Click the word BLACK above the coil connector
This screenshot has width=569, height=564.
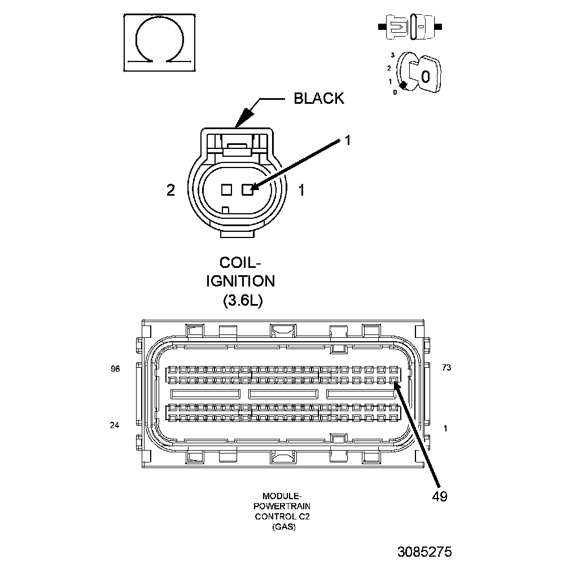point(318,98)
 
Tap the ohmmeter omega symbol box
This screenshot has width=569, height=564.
point(160,43)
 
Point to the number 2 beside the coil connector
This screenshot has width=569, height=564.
point(170,191)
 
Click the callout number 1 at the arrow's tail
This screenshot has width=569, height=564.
point(348,140)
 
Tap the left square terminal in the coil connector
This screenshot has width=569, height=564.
point(226,190)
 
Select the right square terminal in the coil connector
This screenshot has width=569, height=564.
point(247,190)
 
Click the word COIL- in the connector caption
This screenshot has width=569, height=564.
point(240,263)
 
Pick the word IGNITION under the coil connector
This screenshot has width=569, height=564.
point(240,281)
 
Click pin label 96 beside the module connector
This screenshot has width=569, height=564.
point(116,369)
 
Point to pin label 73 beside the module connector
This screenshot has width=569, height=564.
point(447,368)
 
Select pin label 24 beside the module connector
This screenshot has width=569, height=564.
point(115,425)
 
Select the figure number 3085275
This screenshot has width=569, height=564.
point(424,550)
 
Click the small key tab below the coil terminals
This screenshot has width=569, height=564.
point(226,210)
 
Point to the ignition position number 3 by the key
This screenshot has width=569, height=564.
point(392,55)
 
